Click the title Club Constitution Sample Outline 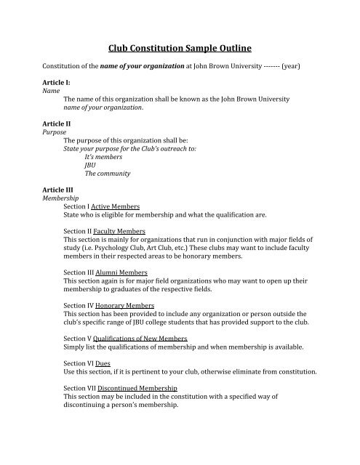(x=179, y=49)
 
